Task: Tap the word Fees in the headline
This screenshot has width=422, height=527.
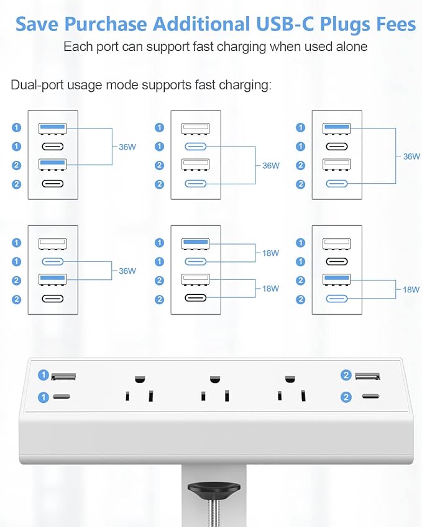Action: coord(391,24)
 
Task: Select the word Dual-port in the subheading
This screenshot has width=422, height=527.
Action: coord(37,85)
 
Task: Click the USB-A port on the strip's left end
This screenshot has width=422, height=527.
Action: coord(63,376)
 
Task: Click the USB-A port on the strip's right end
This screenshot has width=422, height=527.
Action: coord(368,376)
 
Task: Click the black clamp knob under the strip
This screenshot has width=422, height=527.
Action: coord(214,489)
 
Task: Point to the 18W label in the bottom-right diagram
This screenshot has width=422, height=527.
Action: coord(411,289)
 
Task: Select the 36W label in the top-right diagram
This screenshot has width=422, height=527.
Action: coord(411,156)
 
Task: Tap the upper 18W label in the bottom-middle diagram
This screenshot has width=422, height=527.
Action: coord(270,253)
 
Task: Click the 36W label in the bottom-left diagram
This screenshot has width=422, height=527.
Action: coord(127,271)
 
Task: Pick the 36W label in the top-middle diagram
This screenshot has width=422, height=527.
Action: coord(270,166)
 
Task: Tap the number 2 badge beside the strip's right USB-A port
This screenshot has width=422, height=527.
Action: coord(346,375)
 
